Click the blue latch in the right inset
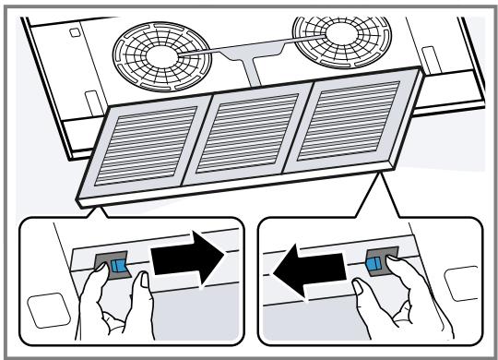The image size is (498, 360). [374, 265]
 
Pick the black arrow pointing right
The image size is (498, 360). [189, 265]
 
